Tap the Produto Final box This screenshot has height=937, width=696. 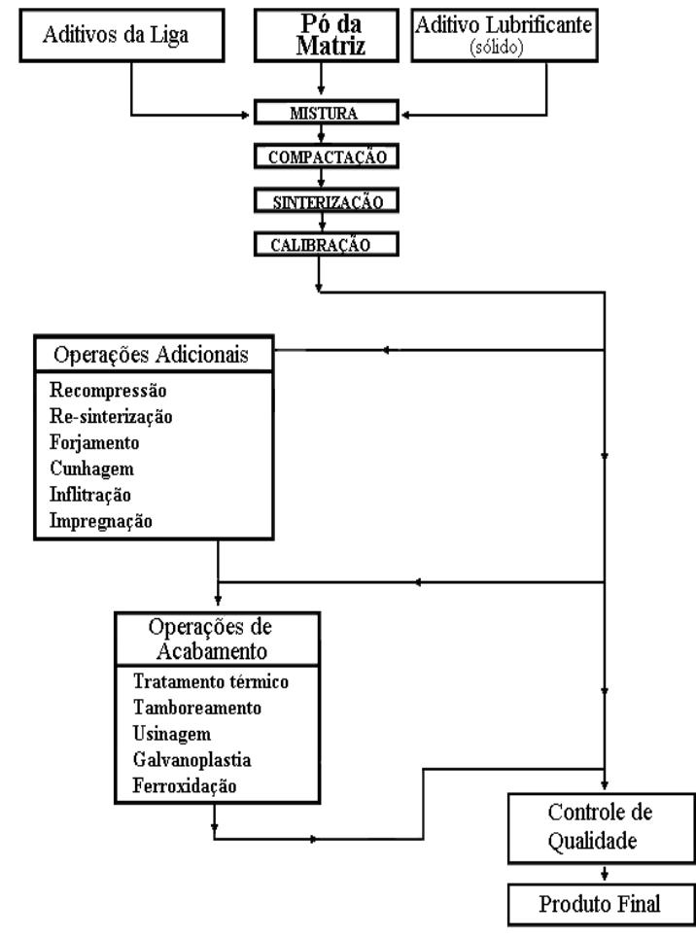(x=599, y=905)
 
